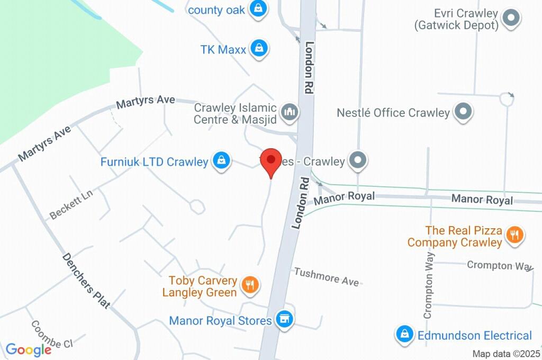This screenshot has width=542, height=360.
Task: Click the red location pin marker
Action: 272,160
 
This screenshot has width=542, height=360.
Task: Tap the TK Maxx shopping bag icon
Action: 259,49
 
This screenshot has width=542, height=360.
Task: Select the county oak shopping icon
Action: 258,8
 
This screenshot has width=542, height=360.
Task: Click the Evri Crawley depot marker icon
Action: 511,19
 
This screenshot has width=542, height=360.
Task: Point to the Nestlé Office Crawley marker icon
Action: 464,112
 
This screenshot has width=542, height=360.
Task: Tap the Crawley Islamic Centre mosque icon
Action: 290,112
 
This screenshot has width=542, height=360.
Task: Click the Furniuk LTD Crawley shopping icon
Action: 221,160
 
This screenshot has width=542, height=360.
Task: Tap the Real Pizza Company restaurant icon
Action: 513,235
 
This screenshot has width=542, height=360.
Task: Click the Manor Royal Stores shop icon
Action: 285,319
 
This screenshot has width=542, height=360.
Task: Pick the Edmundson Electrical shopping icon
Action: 404,334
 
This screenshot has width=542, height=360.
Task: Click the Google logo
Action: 29,349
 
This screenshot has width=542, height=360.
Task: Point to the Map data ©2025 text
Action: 507,354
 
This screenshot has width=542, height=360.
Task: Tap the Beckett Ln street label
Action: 71,205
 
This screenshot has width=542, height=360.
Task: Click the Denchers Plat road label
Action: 86,281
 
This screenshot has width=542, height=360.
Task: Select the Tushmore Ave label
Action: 326,276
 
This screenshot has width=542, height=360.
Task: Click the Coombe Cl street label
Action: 51,335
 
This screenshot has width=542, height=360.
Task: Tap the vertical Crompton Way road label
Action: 429,285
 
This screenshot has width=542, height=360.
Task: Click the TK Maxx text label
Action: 223,50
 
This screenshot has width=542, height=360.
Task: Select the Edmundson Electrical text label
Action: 474,335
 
